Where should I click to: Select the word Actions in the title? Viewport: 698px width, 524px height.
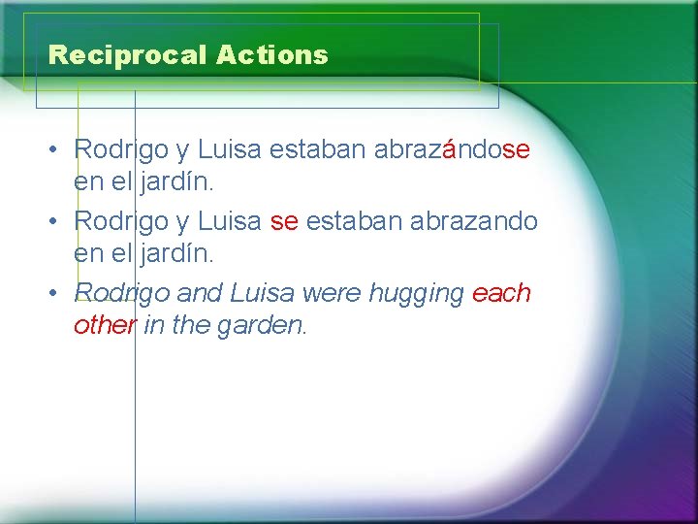(x=272, y=55)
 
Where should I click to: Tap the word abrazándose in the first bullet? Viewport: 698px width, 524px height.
(x=452, y=149)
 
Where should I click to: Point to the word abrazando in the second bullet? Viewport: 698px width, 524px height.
(x=474, y=221)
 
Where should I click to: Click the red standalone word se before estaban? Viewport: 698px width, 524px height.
(x=284, y=221)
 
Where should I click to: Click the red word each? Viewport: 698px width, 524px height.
(x=502, y=293)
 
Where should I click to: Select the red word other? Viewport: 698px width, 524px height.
(x=105, y=326)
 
